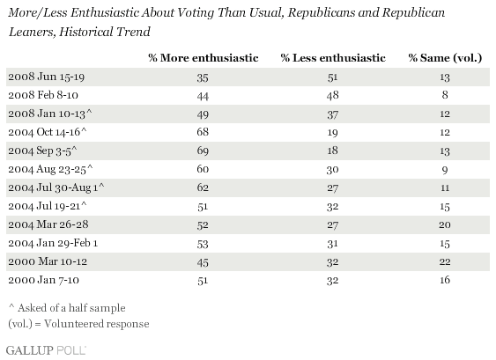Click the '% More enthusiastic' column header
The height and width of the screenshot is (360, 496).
(x=204, y=58)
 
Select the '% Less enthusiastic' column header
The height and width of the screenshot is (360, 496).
(x=333, y=58)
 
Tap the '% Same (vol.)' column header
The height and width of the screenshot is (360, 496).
(x=445, y=58)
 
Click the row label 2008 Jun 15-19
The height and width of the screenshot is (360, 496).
(x=46, y=77)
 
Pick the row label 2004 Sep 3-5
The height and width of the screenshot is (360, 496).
(x=42, y=151)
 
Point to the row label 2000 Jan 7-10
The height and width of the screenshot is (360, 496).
(x=44, y=280)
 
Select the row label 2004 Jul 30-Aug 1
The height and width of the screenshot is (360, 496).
(x=56, y=187)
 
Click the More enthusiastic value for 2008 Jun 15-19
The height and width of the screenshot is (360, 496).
(x=203, y=77)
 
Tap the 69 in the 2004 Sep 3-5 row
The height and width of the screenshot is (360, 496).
(x=203, y=151)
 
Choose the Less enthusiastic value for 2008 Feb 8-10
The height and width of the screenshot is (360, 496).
(x=332, y=95)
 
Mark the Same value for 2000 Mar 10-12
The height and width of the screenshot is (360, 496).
(x=445, y=261)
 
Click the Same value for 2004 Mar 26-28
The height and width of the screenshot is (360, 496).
(x=445, y=224)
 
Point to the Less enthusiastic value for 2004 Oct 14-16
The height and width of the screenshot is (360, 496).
(x=332, y=132)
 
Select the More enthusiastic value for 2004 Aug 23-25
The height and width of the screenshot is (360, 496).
(x=203, y=169)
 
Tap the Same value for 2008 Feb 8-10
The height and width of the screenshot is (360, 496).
(x=445, y=95)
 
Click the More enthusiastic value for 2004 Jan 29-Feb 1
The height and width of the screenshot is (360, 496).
(x=203, y=243)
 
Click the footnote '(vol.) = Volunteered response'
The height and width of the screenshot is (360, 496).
(x=78, y=324)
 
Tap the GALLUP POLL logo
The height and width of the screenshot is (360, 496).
(x=46, y=350)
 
